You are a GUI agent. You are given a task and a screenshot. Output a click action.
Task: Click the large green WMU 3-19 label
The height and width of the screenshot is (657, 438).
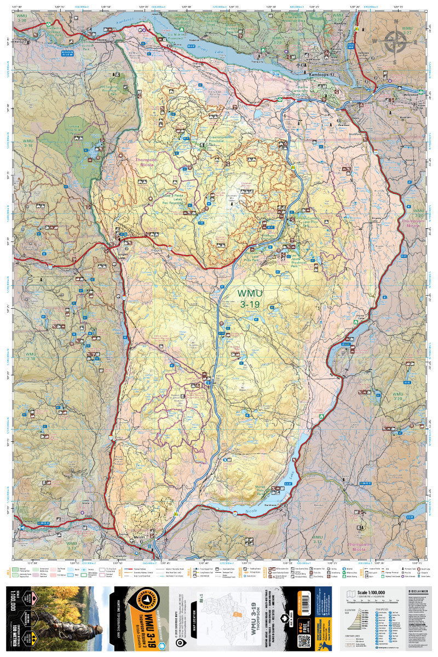point(249,299)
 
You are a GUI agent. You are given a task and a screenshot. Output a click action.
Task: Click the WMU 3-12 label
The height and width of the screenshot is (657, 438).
point(318,540)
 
